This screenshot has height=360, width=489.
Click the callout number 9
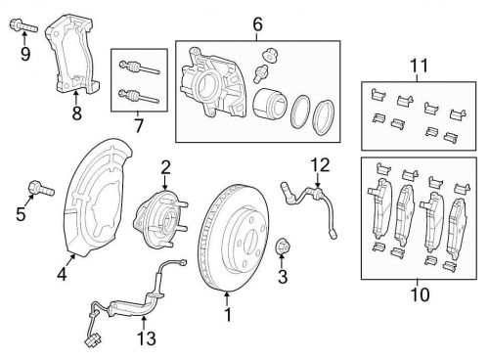(25, 54)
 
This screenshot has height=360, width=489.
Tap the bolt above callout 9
(23, 25)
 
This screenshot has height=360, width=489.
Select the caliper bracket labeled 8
(72, 54)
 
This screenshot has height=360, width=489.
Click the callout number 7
(139, 125)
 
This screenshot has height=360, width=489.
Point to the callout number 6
(257, 24)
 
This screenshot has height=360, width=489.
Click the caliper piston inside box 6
(270, 103)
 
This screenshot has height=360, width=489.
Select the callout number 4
(62, 273)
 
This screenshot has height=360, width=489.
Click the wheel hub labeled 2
(160, 219)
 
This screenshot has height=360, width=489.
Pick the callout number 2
(165, 168)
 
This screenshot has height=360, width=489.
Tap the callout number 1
(228, 314)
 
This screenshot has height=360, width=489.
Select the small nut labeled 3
(282, 247)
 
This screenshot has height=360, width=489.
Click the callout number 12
(320, 165)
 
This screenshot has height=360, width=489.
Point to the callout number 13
(147, 338)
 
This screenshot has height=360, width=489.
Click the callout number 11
(419, 66)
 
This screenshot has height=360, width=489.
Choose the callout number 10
(420, 294)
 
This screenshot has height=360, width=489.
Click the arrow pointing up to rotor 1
(227, 299)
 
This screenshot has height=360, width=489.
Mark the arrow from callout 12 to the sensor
(318, 180)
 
